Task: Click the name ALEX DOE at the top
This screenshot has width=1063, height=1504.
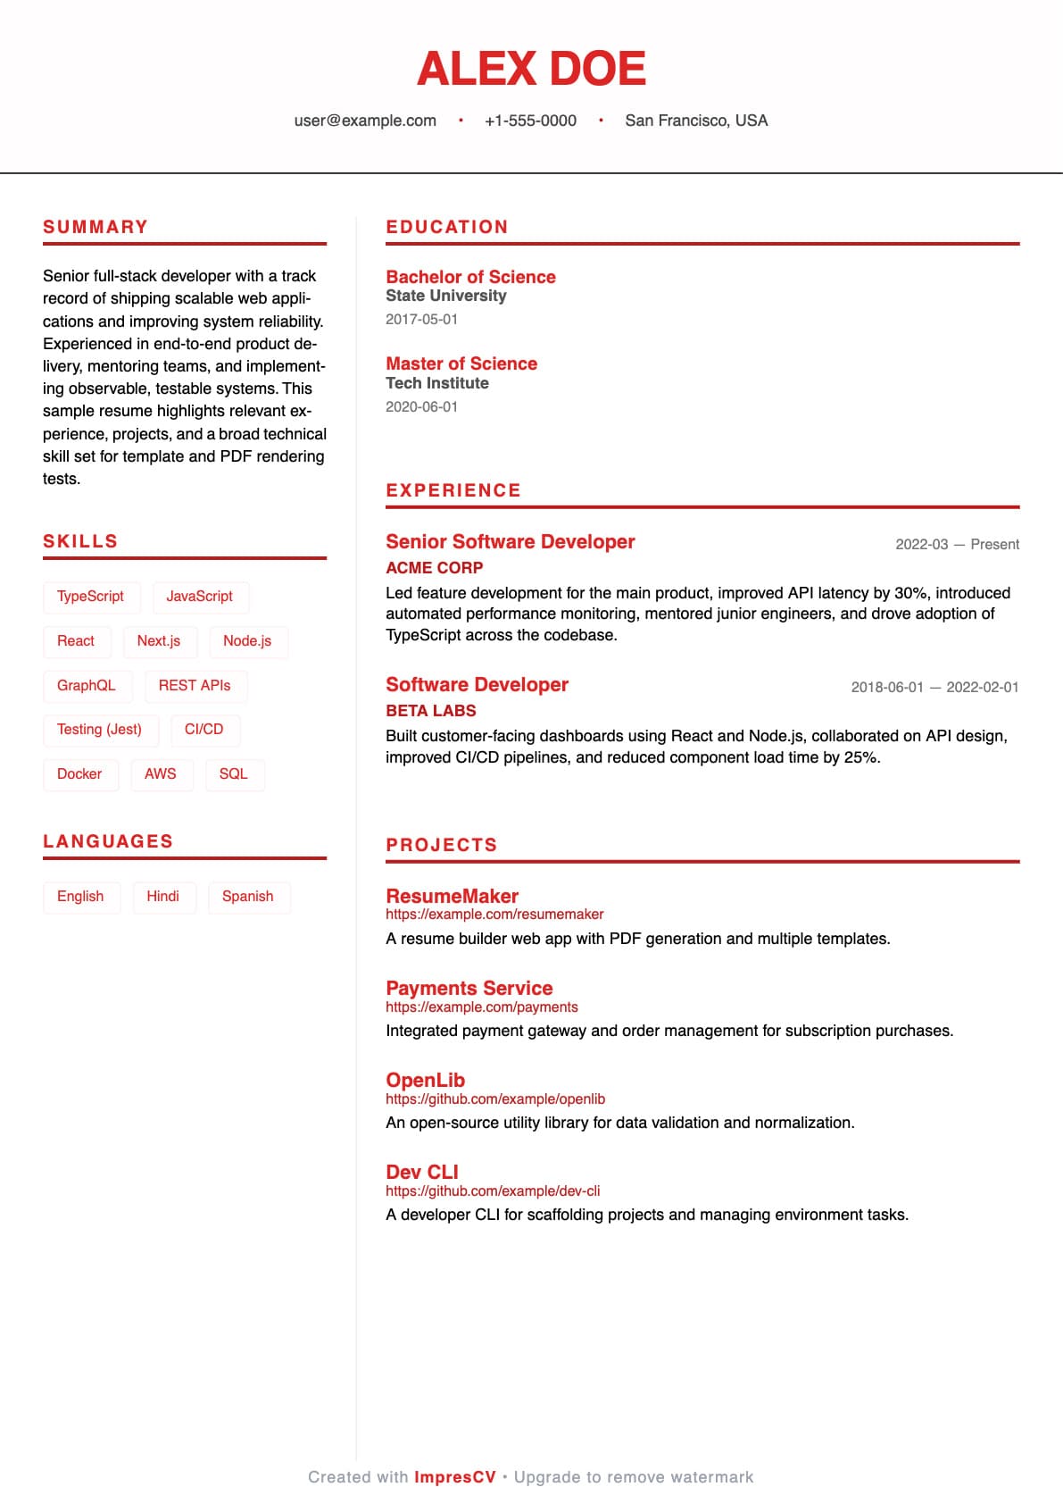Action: pos(531,69)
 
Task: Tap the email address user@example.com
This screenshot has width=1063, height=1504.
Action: pos(365,121)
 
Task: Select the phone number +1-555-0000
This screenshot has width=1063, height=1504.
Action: pos(530,121)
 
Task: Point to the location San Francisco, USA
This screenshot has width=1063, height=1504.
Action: pos(696,121)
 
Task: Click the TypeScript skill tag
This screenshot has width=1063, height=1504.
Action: pos(91,597)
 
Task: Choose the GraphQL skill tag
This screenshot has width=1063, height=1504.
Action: pos(87,686)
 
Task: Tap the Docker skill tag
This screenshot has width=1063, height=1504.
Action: pos(79,774)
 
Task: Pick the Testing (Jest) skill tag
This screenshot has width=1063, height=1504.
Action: pos(99,730)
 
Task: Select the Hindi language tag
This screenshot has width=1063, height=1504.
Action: pos(162,897)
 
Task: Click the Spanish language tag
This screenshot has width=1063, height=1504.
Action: pos(248,897)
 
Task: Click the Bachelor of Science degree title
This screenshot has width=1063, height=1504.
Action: pos(470,277)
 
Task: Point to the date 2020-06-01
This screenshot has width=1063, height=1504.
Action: pos(421,407)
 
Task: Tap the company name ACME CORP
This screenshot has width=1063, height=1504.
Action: pos(434,568)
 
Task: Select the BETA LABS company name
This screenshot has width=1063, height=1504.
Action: pos(431,711)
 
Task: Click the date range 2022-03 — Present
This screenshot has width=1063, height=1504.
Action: pos(957,545)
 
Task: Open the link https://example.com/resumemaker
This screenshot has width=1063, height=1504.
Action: pos(494,915)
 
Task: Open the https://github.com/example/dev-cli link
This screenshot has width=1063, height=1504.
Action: pos(493,1191)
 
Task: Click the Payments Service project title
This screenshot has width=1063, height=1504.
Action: pos(469,988)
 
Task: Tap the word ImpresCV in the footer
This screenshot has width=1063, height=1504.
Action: pos(454,1477)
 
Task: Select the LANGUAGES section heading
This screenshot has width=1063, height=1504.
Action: pos(108,841)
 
